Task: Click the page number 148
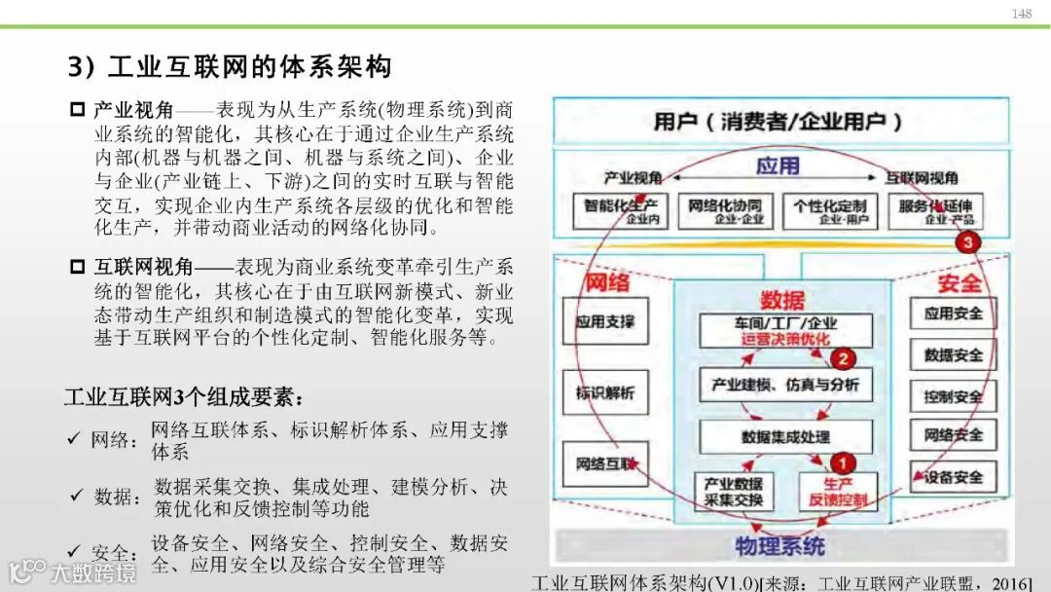pyautogui.click(x=1021, y=14)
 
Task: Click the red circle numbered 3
pyautogui.click(x=965, y=243)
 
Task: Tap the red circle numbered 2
pyautogui.click(x=846, y=357)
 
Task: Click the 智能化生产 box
pyautogui.click(x=621, y=210)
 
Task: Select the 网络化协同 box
pyautogui.click(x=725, y=210)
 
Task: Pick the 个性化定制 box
pyautogui.click(x=829, y=210)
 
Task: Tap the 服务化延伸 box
pyautogui.click(x=934, y=210)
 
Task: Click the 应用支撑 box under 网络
pyautogui.click(x=604, y=321)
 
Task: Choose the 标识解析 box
pyautogui.click(x=604, y=393)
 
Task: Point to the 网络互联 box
pyautogui.click(x=604, y=463)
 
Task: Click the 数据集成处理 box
pyautogui.click(x=785, y=436)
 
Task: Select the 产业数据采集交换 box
pyautogui.click(x=734, y=492)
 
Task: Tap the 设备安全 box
pyautogui.click(x=953, y=477)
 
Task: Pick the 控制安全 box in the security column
pyautogui.click(x=953, y=396)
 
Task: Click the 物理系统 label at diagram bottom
pyautogui.click(x=779, y=545)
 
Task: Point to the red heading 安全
pyautogui.click(x=960, y=282)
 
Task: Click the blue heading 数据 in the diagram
pyautogui.click(x=784, y=300)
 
